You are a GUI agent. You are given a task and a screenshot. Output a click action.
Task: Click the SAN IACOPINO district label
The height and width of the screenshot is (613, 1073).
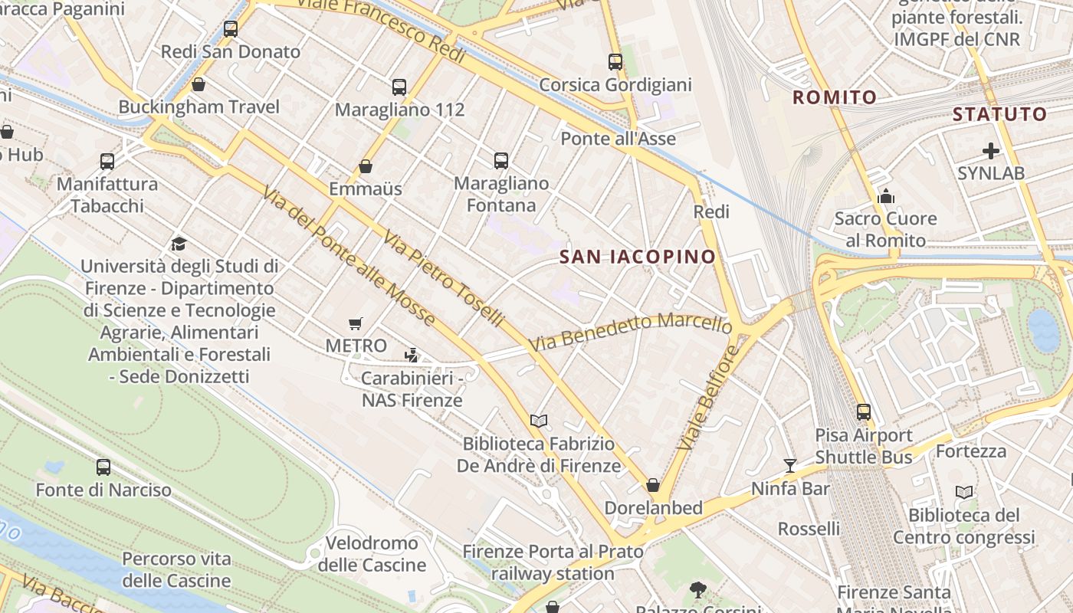638,257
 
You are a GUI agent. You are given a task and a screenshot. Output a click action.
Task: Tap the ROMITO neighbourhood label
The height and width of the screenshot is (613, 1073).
835,97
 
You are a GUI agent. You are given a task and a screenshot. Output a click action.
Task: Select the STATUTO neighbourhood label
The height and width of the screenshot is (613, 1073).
999,115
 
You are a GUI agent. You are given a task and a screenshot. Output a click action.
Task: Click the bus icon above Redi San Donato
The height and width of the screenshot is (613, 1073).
231,29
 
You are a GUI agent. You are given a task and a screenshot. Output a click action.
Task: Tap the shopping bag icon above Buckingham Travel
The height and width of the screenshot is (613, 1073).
199,84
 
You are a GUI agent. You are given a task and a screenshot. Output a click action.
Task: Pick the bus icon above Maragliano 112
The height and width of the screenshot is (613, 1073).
399,87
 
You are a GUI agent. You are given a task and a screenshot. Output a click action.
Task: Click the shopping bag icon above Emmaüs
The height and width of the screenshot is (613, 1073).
366,166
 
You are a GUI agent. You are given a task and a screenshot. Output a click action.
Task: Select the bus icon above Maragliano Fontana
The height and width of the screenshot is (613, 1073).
501,161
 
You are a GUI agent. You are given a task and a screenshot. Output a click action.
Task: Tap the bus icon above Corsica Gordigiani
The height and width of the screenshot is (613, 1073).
615,62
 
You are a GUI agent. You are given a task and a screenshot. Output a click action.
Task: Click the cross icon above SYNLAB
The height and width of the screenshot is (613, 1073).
991,151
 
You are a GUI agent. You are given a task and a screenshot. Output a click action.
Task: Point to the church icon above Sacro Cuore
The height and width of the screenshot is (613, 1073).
886,196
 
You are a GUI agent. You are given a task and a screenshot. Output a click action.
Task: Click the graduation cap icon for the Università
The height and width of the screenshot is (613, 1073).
179,244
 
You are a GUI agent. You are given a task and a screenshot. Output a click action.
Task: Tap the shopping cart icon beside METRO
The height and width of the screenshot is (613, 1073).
355,324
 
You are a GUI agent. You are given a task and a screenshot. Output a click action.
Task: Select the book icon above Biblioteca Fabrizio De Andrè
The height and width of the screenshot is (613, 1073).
539,421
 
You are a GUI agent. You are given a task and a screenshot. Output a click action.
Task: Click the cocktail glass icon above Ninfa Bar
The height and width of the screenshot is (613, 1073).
790,465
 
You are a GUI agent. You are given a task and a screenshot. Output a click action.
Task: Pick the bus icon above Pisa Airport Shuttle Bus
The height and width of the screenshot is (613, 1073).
864,412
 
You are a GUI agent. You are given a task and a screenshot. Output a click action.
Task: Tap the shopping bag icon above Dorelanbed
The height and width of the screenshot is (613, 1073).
653,485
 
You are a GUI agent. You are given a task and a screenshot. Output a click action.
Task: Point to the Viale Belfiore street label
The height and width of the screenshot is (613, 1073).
708,398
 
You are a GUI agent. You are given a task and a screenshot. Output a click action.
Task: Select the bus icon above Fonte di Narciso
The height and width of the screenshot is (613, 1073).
103,467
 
